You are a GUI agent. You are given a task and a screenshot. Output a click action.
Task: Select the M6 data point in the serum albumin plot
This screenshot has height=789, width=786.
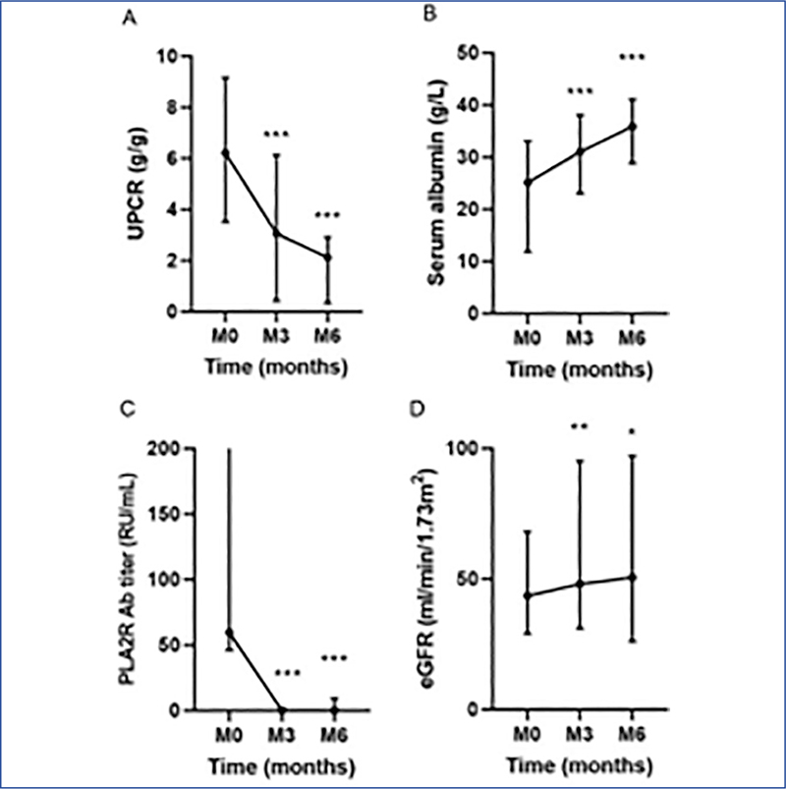(x=633, y=126)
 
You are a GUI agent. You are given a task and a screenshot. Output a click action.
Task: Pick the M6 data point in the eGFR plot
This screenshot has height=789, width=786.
(x=633, y=577)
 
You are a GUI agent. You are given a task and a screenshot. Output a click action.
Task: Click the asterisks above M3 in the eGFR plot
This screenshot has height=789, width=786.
(x=580, y=426)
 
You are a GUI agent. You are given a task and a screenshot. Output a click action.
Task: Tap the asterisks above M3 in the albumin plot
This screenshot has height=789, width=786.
(x=580, y=92)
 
